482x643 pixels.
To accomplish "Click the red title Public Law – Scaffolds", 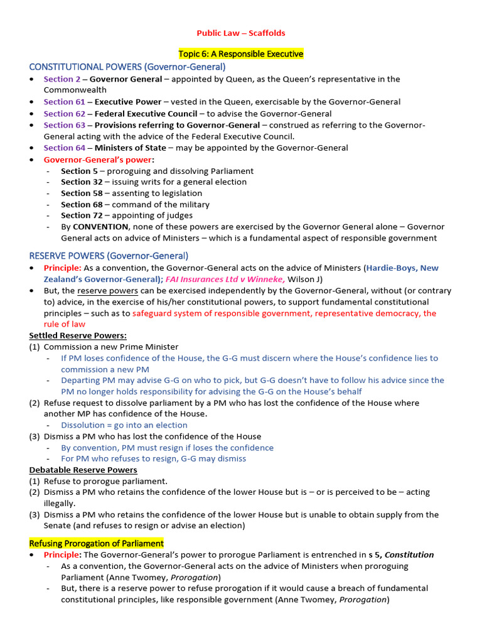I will point(241,33).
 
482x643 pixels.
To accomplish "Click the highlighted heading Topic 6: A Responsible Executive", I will point(241,54).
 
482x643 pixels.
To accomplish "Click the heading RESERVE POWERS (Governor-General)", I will point(109,256).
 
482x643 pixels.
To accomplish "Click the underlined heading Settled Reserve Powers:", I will point(78,335).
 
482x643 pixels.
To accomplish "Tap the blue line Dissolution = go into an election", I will point(124,425).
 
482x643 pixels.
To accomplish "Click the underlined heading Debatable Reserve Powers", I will point(83,470).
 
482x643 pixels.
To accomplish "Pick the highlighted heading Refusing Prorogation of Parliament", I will point(96,543).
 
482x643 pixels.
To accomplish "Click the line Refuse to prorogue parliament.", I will point(105,481).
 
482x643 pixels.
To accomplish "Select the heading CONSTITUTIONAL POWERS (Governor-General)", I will point(127,67).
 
